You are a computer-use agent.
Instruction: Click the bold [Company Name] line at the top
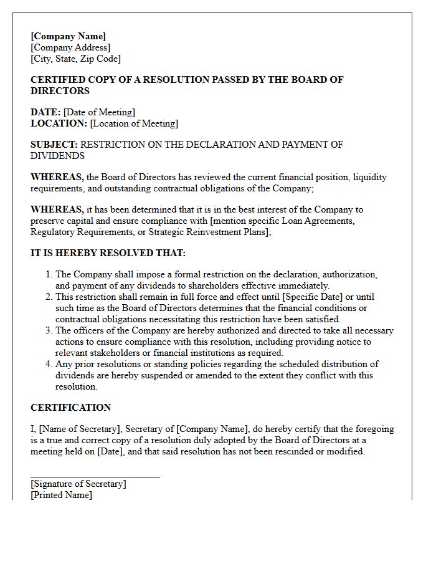click(x=68, y=36)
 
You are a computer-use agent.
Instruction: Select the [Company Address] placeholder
click(x=70, y=47)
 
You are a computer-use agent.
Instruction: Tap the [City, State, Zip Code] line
click(x=75, y=59)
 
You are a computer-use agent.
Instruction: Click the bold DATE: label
click(x=45, y=112)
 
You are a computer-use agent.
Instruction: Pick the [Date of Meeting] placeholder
click(x=99, y=112)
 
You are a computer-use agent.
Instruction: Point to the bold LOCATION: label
click(x=59, y=123)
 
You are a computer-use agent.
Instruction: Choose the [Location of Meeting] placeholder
click(x=134, y=123)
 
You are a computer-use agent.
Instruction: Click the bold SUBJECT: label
click(x=54, y=145)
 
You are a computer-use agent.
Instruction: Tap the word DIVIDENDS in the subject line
click(x=57, y=156)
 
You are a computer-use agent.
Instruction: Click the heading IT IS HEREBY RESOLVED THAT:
click(x=108, y=253)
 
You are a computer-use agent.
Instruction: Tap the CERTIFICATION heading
click(x=70, y=408)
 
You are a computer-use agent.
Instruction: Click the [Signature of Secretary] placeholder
click(x=78, y=484)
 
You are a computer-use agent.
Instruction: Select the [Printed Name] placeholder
click(x=61, y=495)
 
